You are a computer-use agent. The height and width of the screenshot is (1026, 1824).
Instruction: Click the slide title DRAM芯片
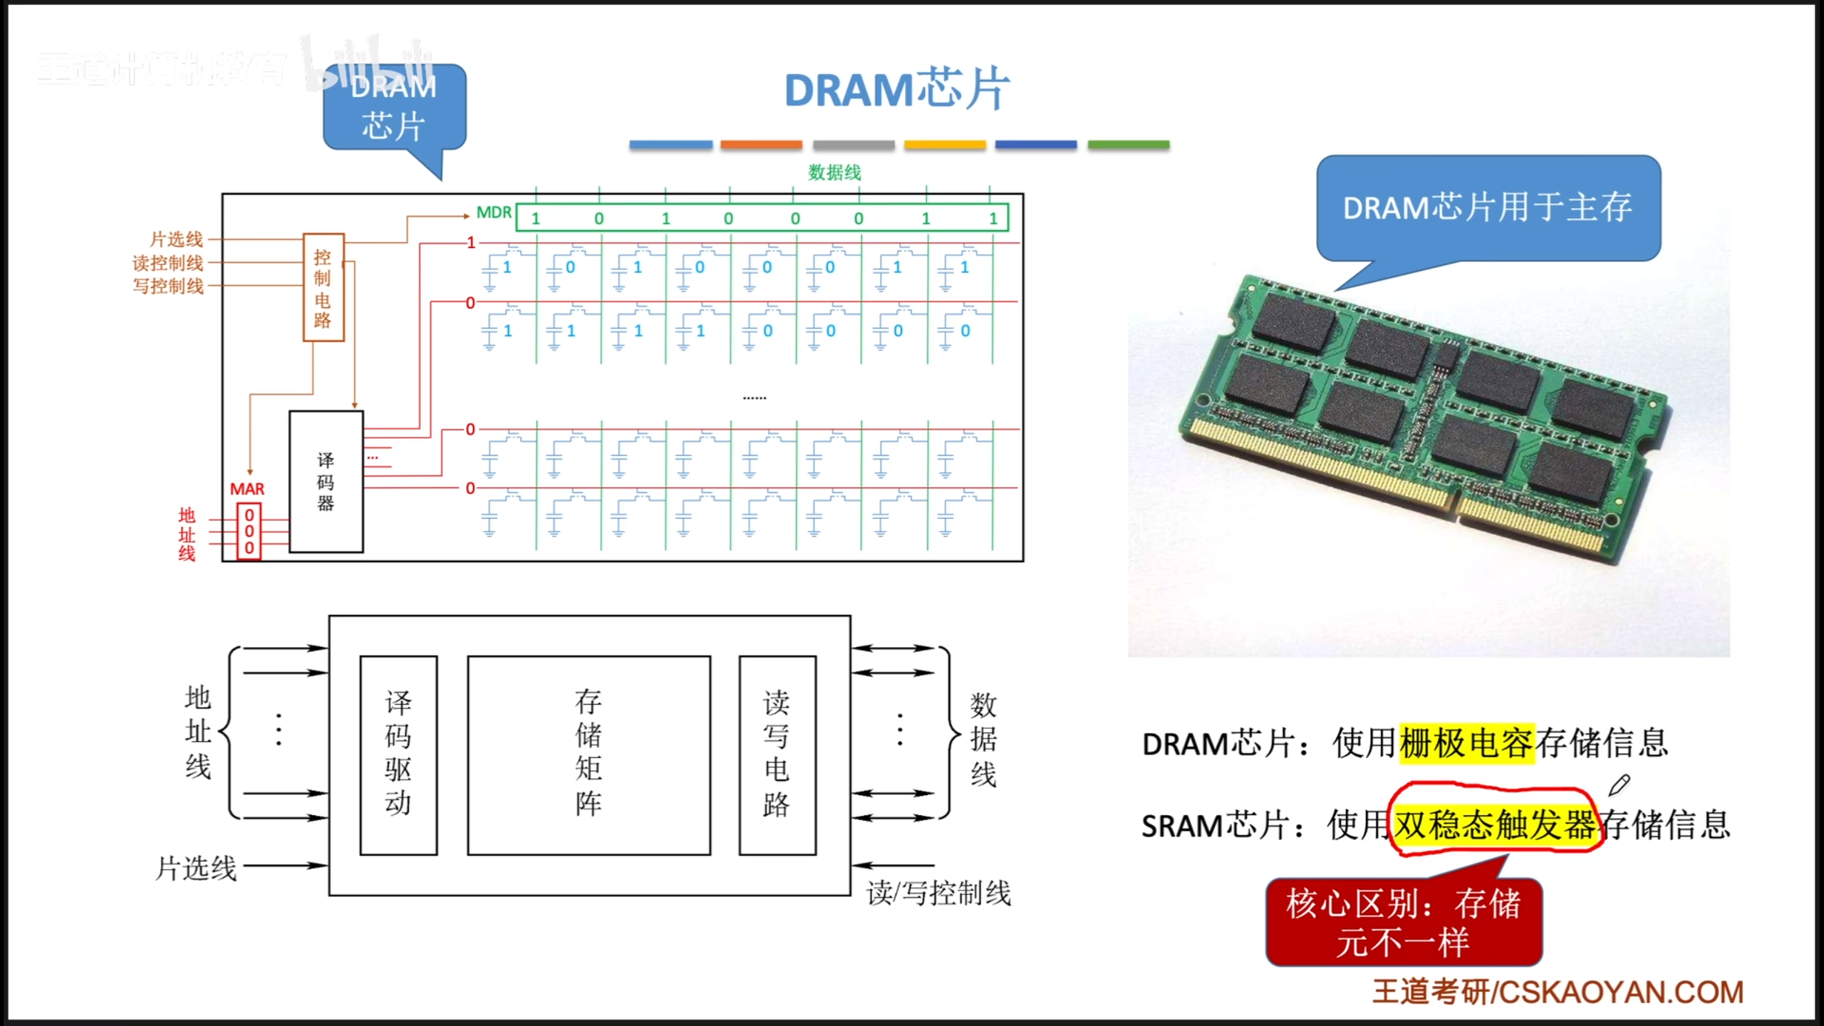click(897, 90)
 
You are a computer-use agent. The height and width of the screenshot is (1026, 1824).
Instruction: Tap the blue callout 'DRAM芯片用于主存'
click(1488, 208)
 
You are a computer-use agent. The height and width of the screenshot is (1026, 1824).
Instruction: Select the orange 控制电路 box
click(323, 287)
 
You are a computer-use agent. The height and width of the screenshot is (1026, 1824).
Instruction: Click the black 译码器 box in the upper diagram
click(326, 482)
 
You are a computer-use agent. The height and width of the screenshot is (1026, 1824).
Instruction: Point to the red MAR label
click(247, 489)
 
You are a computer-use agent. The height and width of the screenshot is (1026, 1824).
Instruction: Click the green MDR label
click(494, 212)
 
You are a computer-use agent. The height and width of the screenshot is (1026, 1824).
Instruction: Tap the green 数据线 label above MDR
click(834, 172)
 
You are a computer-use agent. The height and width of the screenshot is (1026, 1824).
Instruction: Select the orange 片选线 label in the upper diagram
click(176, 239)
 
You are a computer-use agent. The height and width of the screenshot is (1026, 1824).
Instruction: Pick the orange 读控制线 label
click(168, 263)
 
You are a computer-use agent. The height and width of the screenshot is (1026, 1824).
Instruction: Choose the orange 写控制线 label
click(168, 286)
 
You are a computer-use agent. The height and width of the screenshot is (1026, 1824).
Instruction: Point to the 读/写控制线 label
click(938, 893)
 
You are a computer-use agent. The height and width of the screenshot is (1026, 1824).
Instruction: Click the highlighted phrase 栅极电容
click(1466, 744)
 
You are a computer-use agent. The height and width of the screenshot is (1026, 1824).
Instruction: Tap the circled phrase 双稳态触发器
click(1494, 825)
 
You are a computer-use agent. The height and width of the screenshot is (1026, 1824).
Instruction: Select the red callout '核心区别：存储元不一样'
click(1403, 923)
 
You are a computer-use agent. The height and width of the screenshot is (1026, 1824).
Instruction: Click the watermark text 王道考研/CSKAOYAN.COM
click(1558, 992)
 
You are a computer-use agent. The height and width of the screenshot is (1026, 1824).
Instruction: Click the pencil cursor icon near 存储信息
click(1619, 785)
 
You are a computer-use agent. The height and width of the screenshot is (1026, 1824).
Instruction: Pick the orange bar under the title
click(761, 145)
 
